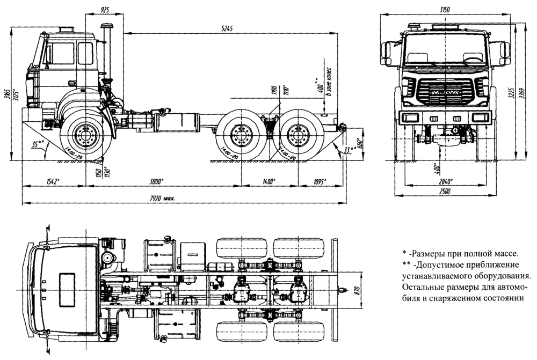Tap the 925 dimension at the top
[x=105, y=10]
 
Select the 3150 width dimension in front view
[x=443, y=10]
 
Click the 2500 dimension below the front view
[x=444, y=191]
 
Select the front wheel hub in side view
[x=85, y=135]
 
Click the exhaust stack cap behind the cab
[x=106, y=26]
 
